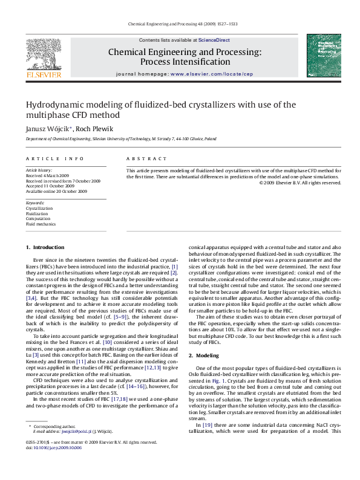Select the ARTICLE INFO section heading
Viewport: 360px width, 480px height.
pos(54,158)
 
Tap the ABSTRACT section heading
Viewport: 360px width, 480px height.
pos(146,158)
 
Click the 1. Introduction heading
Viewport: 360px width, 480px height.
pos(45,247)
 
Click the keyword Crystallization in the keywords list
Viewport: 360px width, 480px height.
pos(39,208)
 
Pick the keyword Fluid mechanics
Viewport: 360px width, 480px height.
pos(41,224)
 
